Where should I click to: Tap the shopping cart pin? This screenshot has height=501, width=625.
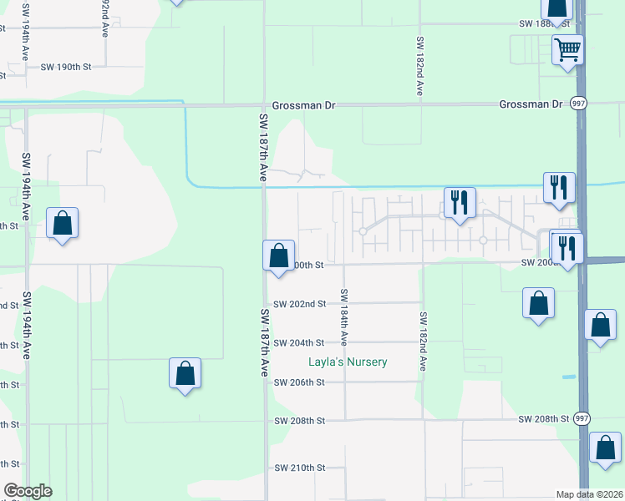pyautogui.click(x=567, y=50)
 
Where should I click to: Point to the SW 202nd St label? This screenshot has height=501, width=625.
pyautogui.click(x=298, y=304)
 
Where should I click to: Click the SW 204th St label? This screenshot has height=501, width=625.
pyautogui.click(x=298, y=343)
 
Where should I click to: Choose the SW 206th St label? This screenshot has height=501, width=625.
pyautogui.click(x=298, y=382)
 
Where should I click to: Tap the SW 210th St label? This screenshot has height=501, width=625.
pyautogui.click(x=298, y=468)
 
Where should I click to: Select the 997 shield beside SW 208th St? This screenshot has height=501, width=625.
pyautogui.click(x=582, y=418)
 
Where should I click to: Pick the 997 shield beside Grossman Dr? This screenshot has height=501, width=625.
pyautogui.click(x=578, y=104)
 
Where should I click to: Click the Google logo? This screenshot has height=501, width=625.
pyautogui.click(x=28, y=491)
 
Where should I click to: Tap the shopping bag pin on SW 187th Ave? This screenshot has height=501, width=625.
pyautogui.click(x=278, y=256)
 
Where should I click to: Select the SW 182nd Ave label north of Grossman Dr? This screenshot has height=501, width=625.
pyautogui.click(x=419, y=67)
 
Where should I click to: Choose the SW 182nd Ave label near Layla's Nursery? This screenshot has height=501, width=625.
pyautogui.click(x=424, y=341)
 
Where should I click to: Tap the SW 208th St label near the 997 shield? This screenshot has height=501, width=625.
pyautogui.click(x=543, y=418)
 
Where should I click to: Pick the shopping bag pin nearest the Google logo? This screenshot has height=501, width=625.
pyautogui.click(x=185, y=373)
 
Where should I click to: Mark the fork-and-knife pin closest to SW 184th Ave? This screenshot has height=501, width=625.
pyautogui.click(x=459, y=203)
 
